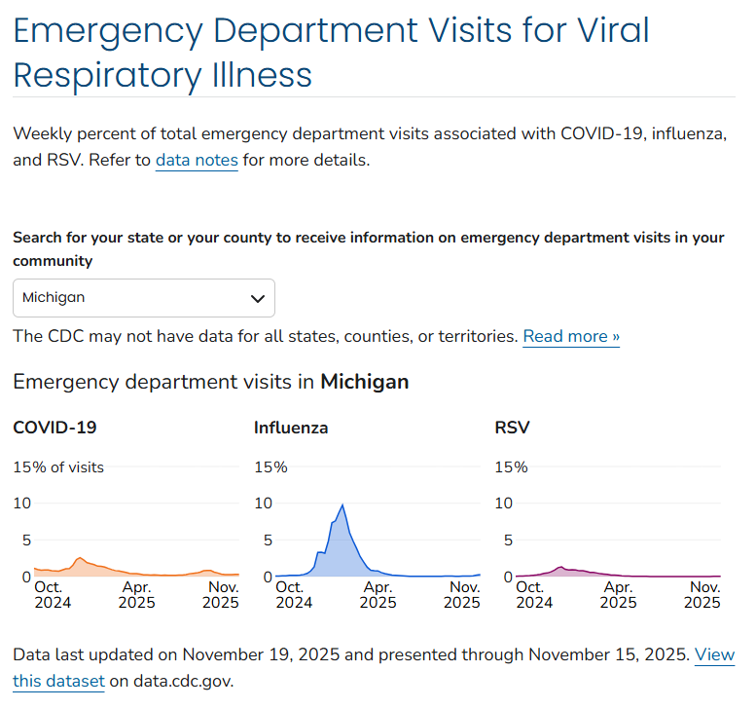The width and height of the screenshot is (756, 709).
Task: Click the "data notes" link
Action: pyautogui.click(x=197, y=160)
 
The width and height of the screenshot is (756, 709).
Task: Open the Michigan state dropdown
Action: pyautogui.click(x=143, y=298)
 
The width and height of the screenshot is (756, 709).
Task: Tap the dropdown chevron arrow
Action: pyautogui.click(x=258, y=298)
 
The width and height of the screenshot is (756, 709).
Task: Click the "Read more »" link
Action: pyautogui.click(x=571, y=336)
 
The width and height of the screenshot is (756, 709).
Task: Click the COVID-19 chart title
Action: pyautogui.click(x=54, y=428)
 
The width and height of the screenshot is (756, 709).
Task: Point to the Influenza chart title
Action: pyautogui.click(x=291, y=428)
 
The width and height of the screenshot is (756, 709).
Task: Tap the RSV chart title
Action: pyautogui.click(x=512, y=428)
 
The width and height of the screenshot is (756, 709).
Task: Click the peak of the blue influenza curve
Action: pyautogui.click(x=342, y=504)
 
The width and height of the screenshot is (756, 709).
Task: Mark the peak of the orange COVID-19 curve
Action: pyautogui.click(x=80, y=558)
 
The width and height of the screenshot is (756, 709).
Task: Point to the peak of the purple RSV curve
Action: pyautogui.click(x=561, y=567)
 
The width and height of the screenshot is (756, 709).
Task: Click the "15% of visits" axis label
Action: pyautogui.click(x=58, y=467)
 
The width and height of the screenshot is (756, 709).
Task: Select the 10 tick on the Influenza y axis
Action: pyautogui.click(x=263, y=504)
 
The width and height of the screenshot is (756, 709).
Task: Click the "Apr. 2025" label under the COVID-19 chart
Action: pyautogui.click(x=136, y=595)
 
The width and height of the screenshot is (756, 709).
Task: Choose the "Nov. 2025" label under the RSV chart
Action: pyautogui.click(x=703, y=595)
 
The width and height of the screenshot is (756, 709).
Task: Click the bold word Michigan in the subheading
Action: pyautogui.click(x=364, y=382)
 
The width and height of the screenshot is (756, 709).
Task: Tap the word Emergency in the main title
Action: pyautogui.click(x=106, y=31)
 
